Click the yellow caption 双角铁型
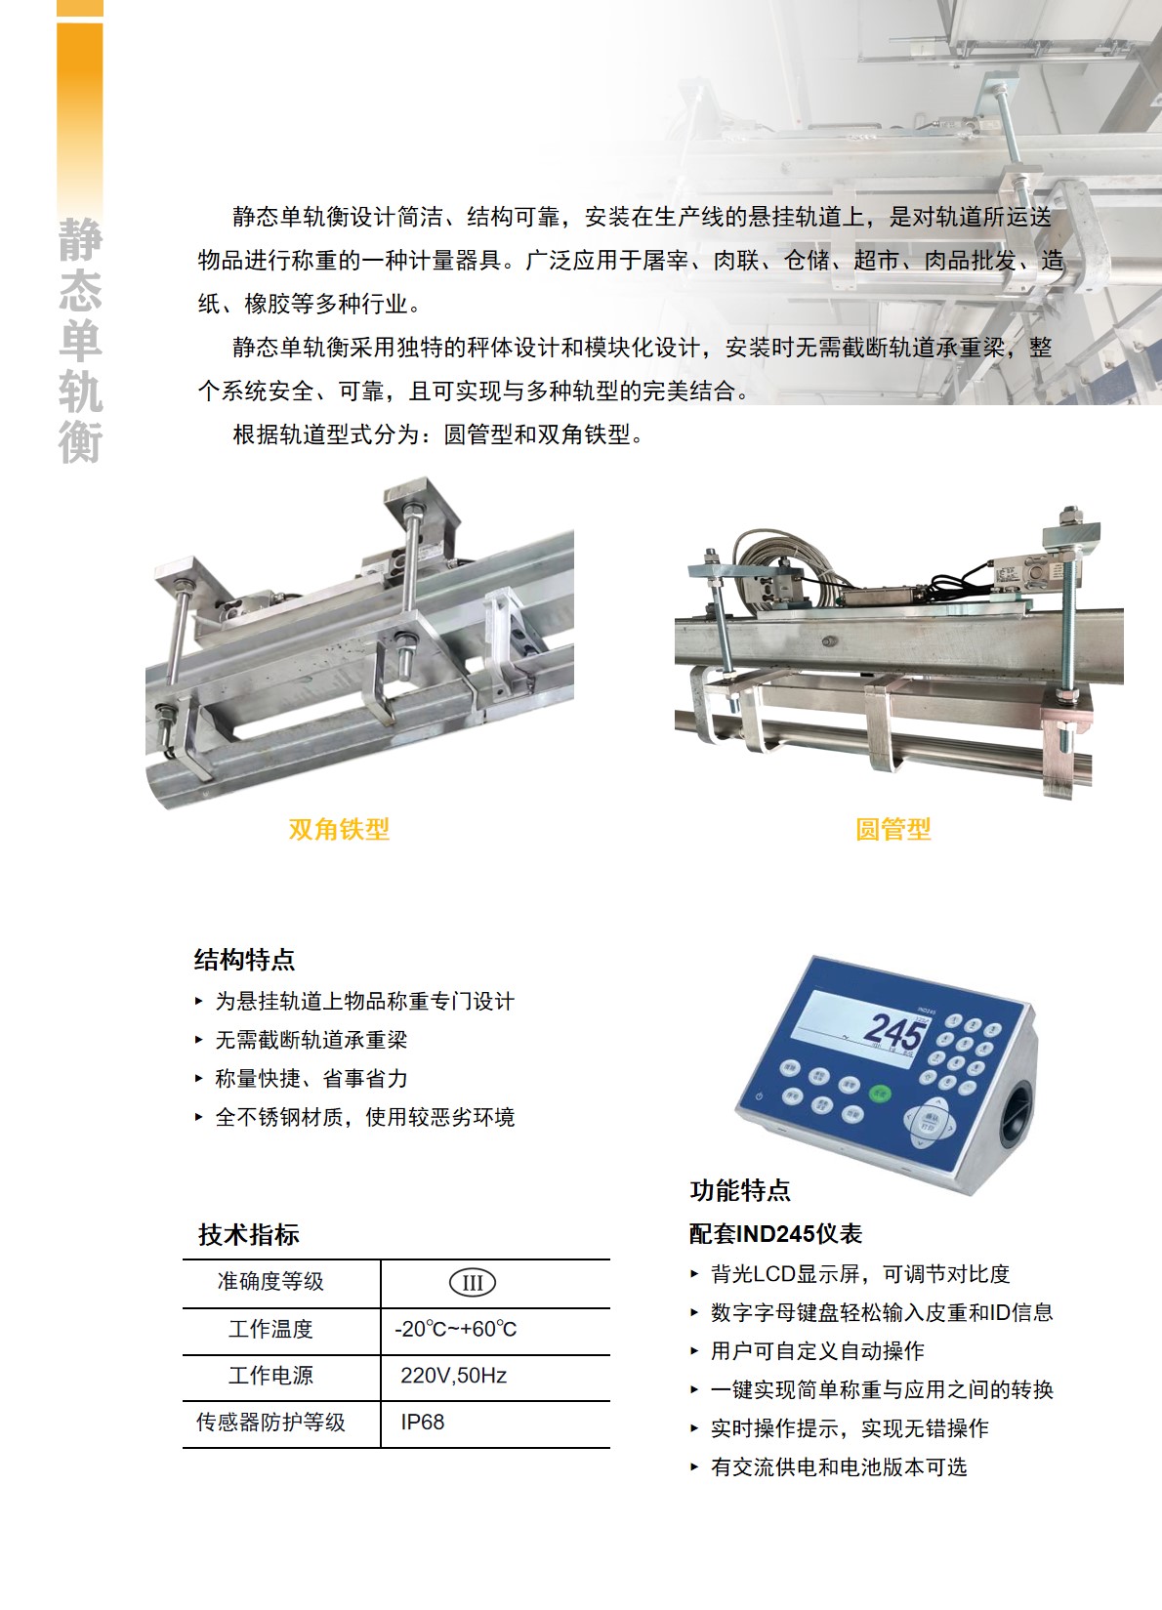339,830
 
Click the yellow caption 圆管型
893,830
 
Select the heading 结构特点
244,960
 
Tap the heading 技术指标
249,1235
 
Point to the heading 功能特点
740,1190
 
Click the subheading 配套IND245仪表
775,1234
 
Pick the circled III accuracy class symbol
473,1283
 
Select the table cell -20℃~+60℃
455,1329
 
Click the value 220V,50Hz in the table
454,1376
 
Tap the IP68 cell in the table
423,1423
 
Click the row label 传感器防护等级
271,1423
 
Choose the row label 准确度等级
271,1282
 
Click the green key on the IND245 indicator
880,1094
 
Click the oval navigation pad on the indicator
931,1121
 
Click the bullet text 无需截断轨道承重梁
311,1039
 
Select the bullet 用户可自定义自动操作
817,1350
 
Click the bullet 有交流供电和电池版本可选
839,1466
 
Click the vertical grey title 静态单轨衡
80,341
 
